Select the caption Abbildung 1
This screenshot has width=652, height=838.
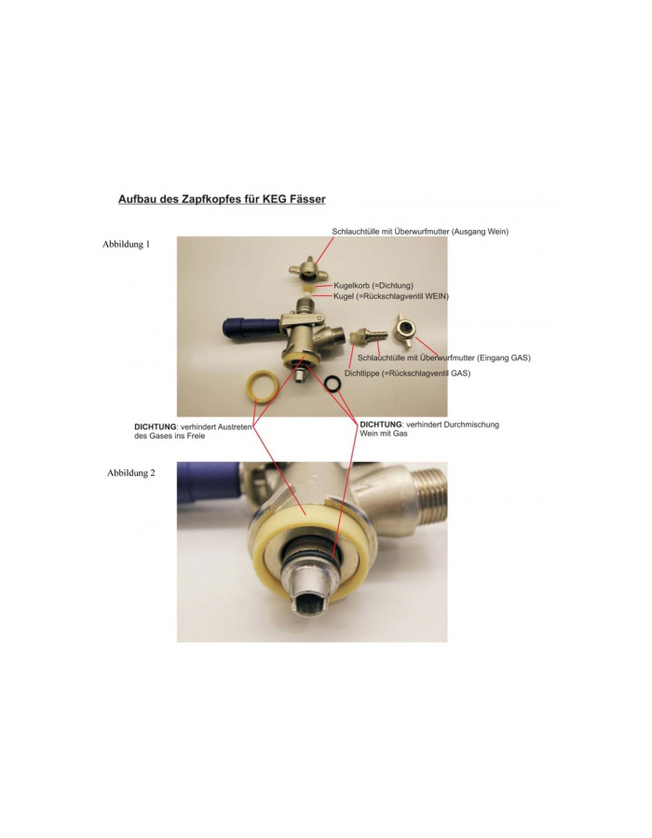(x=126, y=244)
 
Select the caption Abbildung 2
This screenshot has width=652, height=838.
(x=131, y=473)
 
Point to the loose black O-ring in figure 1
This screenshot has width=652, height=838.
(x=334, y=384)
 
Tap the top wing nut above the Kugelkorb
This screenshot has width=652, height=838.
(x=309, y=273)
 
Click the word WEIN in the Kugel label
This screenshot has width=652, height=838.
(x=436, y=296)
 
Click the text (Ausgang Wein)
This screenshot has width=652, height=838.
(x=482, y=232)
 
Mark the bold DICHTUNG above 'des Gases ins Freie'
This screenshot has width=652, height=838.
(x=156, y=427)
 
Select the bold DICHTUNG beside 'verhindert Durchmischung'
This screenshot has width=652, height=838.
(x=381, y=425)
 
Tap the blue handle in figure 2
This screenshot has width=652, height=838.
(x=210, y=484)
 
